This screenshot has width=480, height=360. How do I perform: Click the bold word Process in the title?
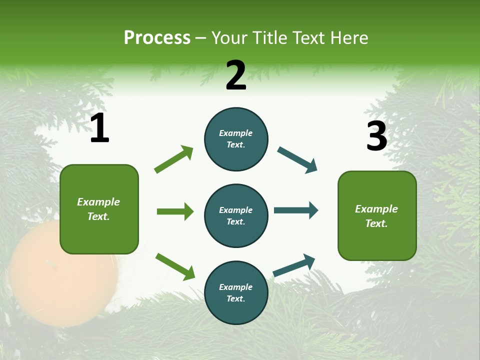157,37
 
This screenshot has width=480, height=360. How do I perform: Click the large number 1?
99,128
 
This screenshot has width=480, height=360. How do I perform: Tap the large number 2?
236,75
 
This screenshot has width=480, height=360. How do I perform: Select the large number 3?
376,136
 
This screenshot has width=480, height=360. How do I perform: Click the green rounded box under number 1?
99,209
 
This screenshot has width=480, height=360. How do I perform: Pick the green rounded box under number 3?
377,215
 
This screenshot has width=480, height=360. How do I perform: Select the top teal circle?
236,139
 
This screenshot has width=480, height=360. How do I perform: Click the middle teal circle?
236,215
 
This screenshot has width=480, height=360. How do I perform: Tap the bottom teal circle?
236,292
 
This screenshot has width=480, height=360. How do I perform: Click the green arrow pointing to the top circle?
174,159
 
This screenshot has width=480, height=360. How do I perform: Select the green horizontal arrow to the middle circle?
175,211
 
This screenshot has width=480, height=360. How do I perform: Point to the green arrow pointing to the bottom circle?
175,266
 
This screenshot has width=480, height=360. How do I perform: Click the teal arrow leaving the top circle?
297,159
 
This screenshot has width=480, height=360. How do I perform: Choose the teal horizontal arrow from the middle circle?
295,210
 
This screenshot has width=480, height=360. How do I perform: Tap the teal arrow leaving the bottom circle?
294,265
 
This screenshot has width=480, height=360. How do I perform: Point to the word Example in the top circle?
235,133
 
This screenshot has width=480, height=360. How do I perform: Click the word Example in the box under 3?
376,209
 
